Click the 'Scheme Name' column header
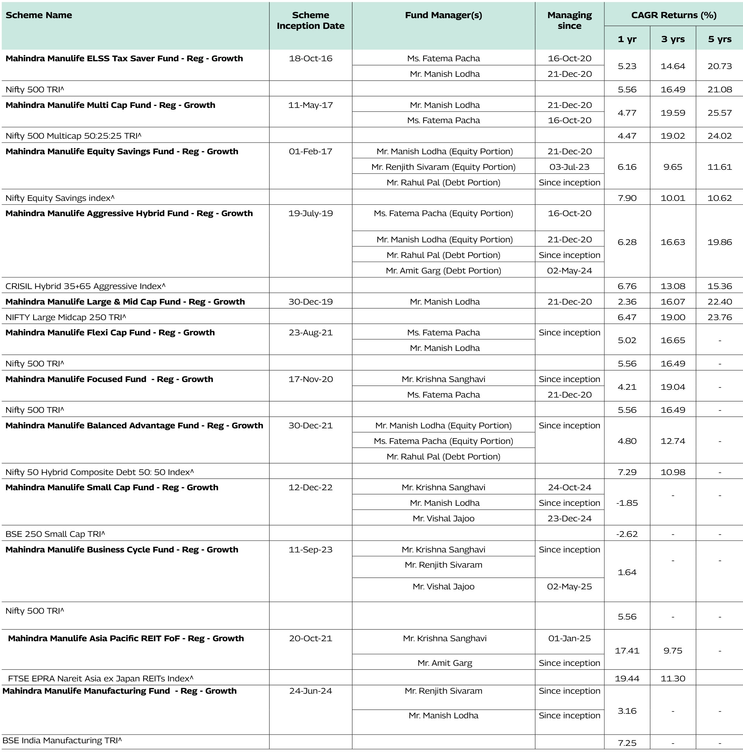tap(39, 15)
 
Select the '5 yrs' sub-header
tap(719, 39)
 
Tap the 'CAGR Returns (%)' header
tap(673, 15)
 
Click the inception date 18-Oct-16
tap(310, 58)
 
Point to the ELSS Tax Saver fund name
tap(124, 58)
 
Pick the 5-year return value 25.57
tap(719, 113)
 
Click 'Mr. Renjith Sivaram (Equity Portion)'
tap(443, 167)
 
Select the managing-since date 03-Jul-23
tap(569, 167)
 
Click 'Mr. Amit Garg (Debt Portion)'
tap(443, 271)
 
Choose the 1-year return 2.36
tap(627, 302)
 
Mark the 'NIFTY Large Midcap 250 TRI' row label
tap(66, 317)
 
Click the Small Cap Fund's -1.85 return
tap(627, 503)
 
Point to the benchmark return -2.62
tap(627, 534)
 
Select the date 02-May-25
tap(569, 586)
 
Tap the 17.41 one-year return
tap(627, 650)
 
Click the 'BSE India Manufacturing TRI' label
tap(62, 740)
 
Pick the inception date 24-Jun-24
tap(310, 691)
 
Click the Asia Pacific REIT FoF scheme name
tap(126, 638)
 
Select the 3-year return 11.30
tap(673, 678)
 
